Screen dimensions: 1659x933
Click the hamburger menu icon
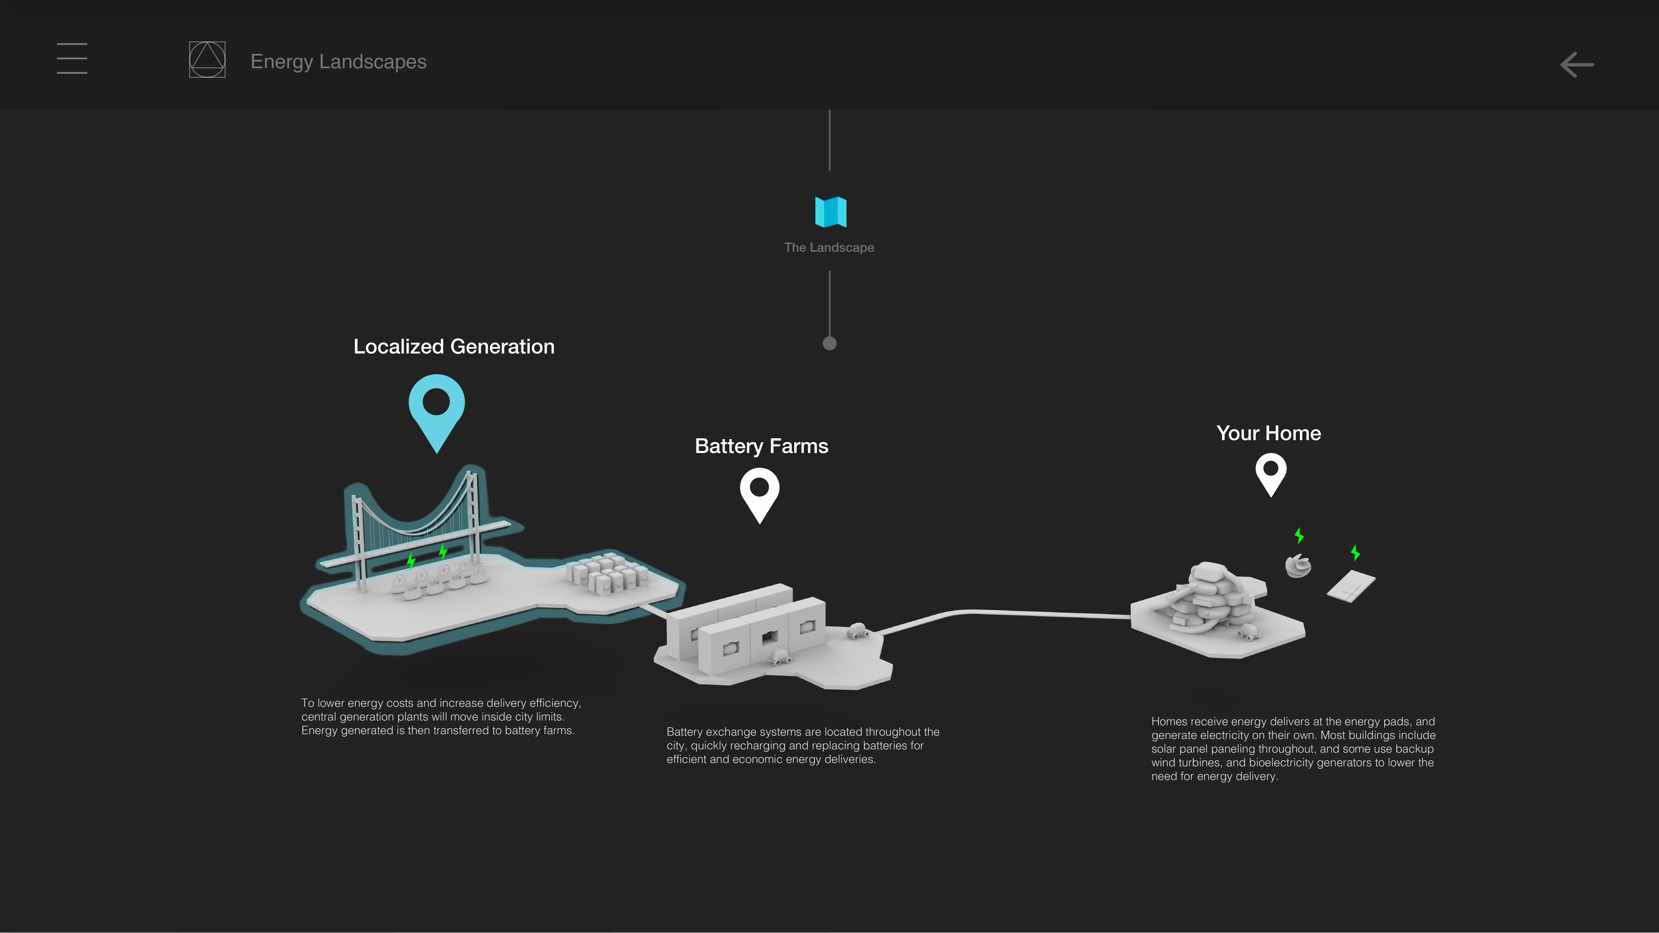72,59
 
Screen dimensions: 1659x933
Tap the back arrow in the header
1576,64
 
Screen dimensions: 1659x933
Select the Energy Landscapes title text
338,62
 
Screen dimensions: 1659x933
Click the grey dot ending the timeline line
829,343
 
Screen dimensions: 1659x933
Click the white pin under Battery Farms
760,493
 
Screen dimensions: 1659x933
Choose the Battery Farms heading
761,446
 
